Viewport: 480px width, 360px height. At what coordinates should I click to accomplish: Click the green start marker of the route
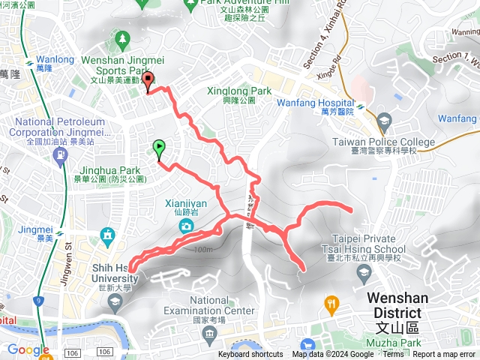coord(159,148)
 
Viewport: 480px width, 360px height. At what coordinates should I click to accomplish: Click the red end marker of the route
coord(148,81)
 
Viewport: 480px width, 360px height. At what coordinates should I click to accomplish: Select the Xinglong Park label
coord(238,91)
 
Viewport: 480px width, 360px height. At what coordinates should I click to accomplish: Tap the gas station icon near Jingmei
coord(59,155)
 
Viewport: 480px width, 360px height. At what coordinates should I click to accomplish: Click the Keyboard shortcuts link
coord(250,355)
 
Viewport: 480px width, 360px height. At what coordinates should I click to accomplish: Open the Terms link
coord(392,355)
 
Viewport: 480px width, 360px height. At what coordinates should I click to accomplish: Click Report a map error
coord(445,355)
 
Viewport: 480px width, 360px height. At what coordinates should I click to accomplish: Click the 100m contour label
coord(202,249)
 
